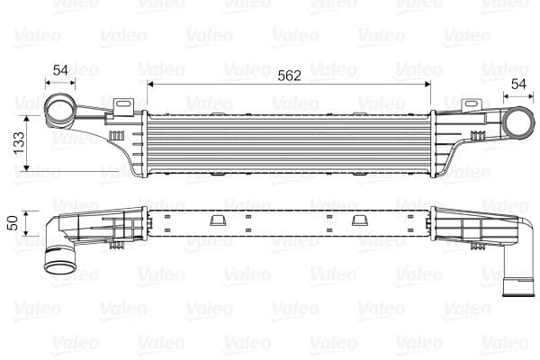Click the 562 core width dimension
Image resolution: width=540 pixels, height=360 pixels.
(x=289, y=76)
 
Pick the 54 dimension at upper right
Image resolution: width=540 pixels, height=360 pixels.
(x=518, y=83)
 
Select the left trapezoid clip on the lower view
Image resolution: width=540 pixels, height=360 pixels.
(x=216, y=220)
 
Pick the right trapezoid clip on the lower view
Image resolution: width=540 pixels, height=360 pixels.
(x=358, y=220)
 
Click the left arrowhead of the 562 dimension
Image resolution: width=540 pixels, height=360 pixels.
(x=148, y=85)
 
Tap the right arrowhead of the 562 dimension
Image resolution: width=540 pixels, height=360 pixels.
(x=430, y=85)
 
